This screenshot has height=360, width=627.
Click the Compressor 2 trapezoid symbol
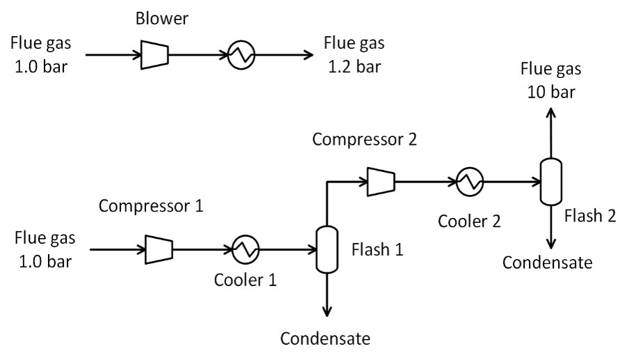[x=380, y=182]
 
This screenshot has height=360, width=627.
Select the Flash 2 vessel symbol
[x=551, y=182]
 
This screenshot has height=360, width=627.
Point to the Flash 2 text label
[x=592, y=216]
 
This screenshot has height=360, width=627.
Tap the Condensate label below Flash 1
[x=324, y=339]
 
